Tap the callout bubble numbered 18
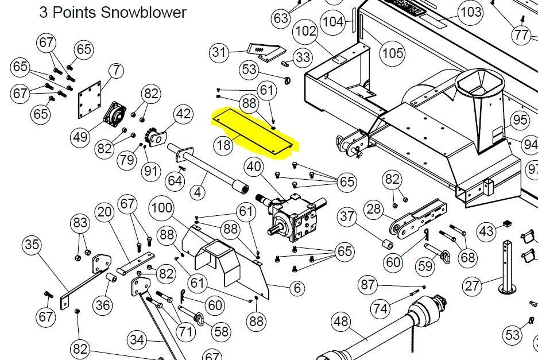[224, 145]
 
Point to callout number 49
[80, 137]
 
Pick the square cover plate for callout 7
[90, 99]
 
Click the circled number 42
[183, 114]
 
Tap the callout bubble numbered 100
[162, 208]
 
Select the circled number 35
[32, 245]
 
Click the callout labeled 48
[340, 322]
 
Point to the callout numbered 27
[472, 285]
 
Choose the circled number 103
[471, 12]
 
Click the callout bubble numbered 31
[219, 52]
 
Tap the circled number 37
[347, 216]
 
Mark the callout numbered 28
[374, 208]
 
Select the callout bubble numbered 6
[297, 288]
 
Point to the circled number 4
[198, 192]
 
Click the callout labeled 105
[393, 53]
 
